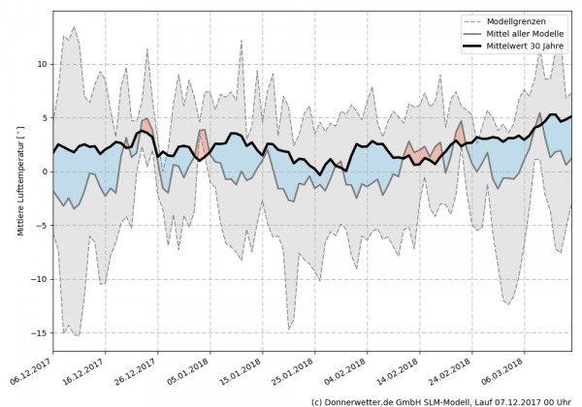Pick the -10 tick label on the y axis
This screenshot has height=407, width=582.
click(x=39, y=279)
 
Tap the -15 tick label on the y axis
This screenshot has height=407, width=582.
click(x=39, y=332)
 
